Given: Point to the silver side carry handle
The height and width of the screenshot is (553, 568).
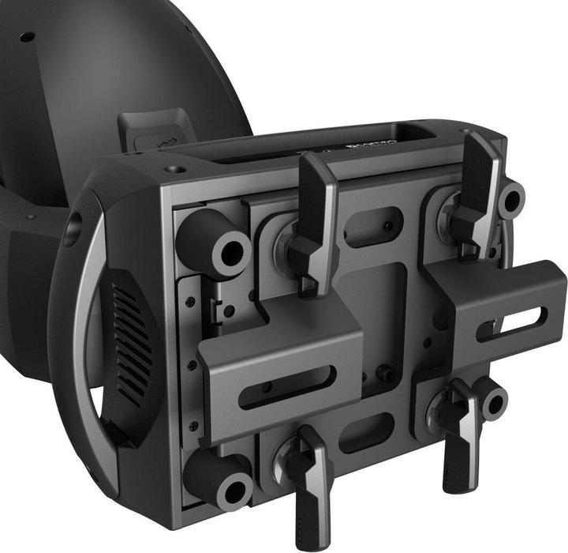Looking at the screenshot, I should click(83, 316).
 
